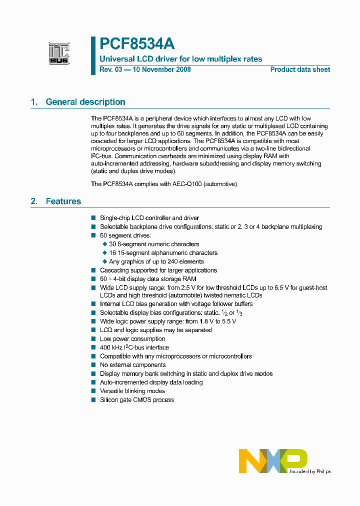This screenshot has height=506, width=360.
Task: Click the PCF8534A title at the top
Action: [137, 44]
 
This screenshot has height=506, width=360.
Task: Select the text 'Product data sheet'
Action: [300, 69]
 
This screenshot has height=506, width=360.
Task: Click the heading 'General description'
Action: [85, 102]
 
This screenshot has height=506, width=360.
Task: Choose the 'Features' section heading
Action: [63, 201]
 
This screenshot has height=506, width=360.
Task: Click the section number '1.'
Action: [34, 102]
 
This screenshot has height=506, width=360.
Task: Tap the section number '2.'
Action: [34, 201]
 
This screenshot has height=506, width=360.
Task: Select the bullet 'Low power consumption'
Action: [132, 339]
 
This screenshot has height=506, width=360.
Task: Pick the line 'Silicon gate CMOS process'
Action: [137, 400]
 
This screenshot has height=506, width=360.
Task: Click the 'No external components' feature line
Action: [133, 365]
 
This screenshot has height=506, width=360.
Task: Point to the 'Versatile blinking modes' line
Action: [132, 391]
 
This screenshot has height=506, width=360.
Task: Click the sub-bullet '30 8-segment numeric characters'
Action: [154, 244]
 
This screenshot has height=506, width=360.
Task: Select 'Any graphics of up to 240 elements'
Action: [156, 261]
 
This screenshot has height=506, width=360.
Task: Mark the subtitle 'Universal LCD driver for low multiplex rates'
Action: [181, 59]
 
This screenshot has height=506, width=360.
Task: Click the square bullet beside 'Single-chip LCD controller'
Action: [93, 218]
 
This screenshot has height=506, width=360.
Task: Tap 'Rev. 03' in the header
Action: [110, 69]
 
